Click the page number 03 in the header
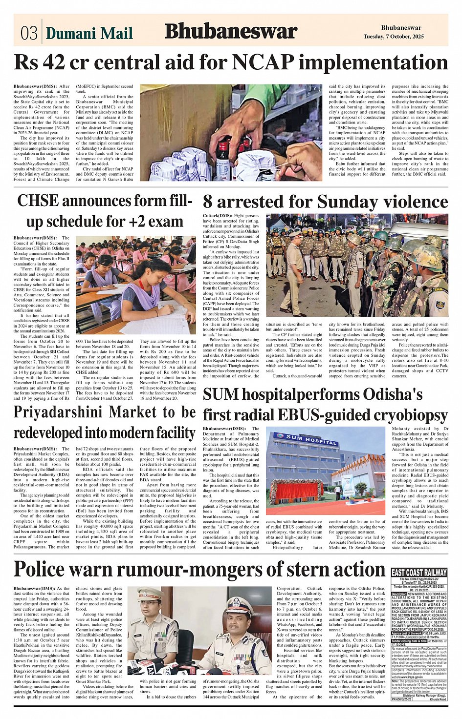[x=29, y=33]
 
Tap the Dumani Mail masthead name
[x=89, y=33]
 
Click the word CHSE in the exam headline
[x=38, y=201]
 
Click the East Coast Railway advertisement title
[x=419, y=573]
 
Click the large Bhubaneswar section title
[x=231, y=32]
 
